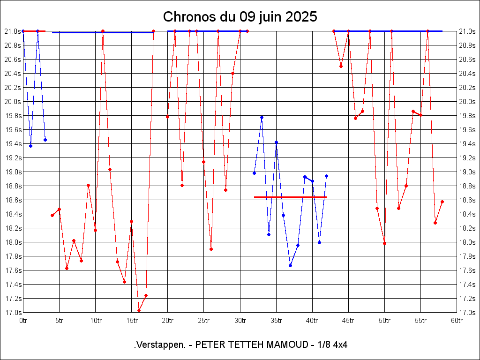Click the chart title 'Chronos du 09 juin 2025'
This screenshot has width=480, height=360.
tap(240, 17)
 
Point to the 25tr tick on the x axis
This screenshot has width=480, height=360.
tap(203, 321)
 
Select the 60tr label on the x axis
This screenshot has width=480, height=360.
tap(457, 321)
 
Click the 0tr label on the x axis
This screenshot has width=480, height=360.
tap(23, 321)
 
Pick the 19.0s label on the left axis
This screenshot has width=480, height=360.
tap(13, 172)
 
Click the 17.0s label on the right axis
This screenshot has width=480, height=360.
tap(467, 313)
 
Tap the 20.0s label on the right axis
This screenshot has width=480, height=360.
tap(467, 102)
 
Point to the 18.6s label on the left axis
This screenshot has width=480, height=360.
tap(13, 200)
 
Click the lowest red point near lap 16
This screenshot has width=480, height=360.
tap(139, 310)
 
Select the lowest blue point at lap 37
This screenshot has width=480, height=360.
tap(291, 265)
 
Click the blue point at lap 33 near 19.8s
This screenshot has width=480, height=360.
tap(262, 117)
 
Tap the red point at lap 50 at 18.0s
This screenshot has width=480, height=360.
tap(384, 243)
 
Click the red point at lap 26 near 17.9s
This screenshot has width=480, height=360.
tap(211, 249)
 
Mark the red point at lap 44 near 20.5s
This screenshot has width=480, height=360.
tap(341, 66)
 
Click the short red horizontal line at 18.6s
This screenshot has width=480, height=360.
tap(290, 197)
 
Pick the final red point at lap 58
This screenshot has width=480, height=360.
tap(442, 202)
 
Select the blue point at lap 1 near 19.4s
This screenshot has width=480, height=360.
tap(30, 146)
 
